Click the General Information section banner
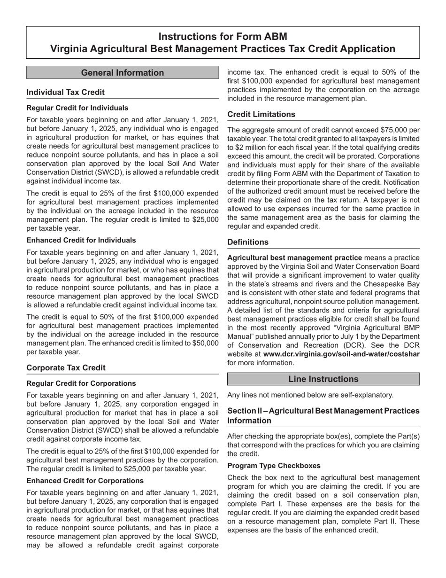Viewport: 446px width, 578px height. [x=123, y=72]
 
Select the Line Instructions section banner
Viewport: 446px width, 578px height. [x=323, y=379]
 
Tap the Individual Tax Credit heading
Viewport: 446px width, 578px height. [x=66, y=92]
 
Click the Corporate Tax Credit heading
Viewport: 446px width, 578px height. [x=66, y=367]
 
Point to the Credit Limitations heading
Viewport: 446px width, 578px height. [x=261, y=114]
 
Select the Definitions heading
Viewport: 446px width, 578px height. [x=248, y=242]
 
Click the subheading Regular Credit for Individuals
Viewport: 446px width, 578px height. [x=77, y=108]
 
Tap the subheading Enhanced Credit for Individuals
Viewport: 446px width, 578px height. [x=81, y=240]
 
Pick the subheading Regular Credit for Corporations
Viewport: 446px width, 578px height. [x=81, y=383]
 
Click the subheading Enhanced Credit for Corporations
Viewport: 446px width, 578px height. [x=85, y=481]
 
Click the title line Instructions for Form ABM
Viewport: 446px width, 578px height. [x=223, y=37]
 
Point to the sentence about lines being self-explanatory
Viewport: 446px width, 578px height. [x=310, y=395]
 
